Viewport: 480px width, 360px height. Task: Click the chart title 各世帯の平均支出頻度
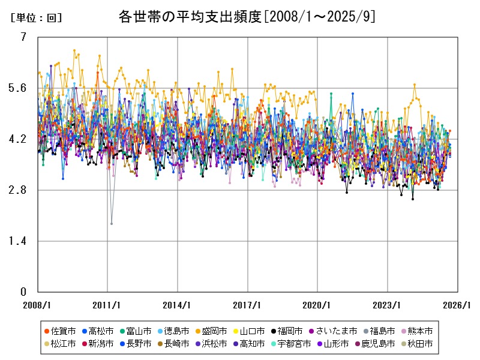(x=247, y=17)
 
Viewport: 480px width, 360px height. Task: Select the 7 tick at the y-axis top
(x=23, y=37)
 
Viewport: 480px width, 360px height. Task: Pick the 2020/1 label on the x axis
(x=318, y=305)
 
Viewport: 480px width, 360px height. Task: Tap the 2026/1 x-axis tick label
(x=457, y=305)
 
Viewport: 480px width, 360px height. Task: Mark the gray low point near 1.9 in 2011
(x=111, y=224)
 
